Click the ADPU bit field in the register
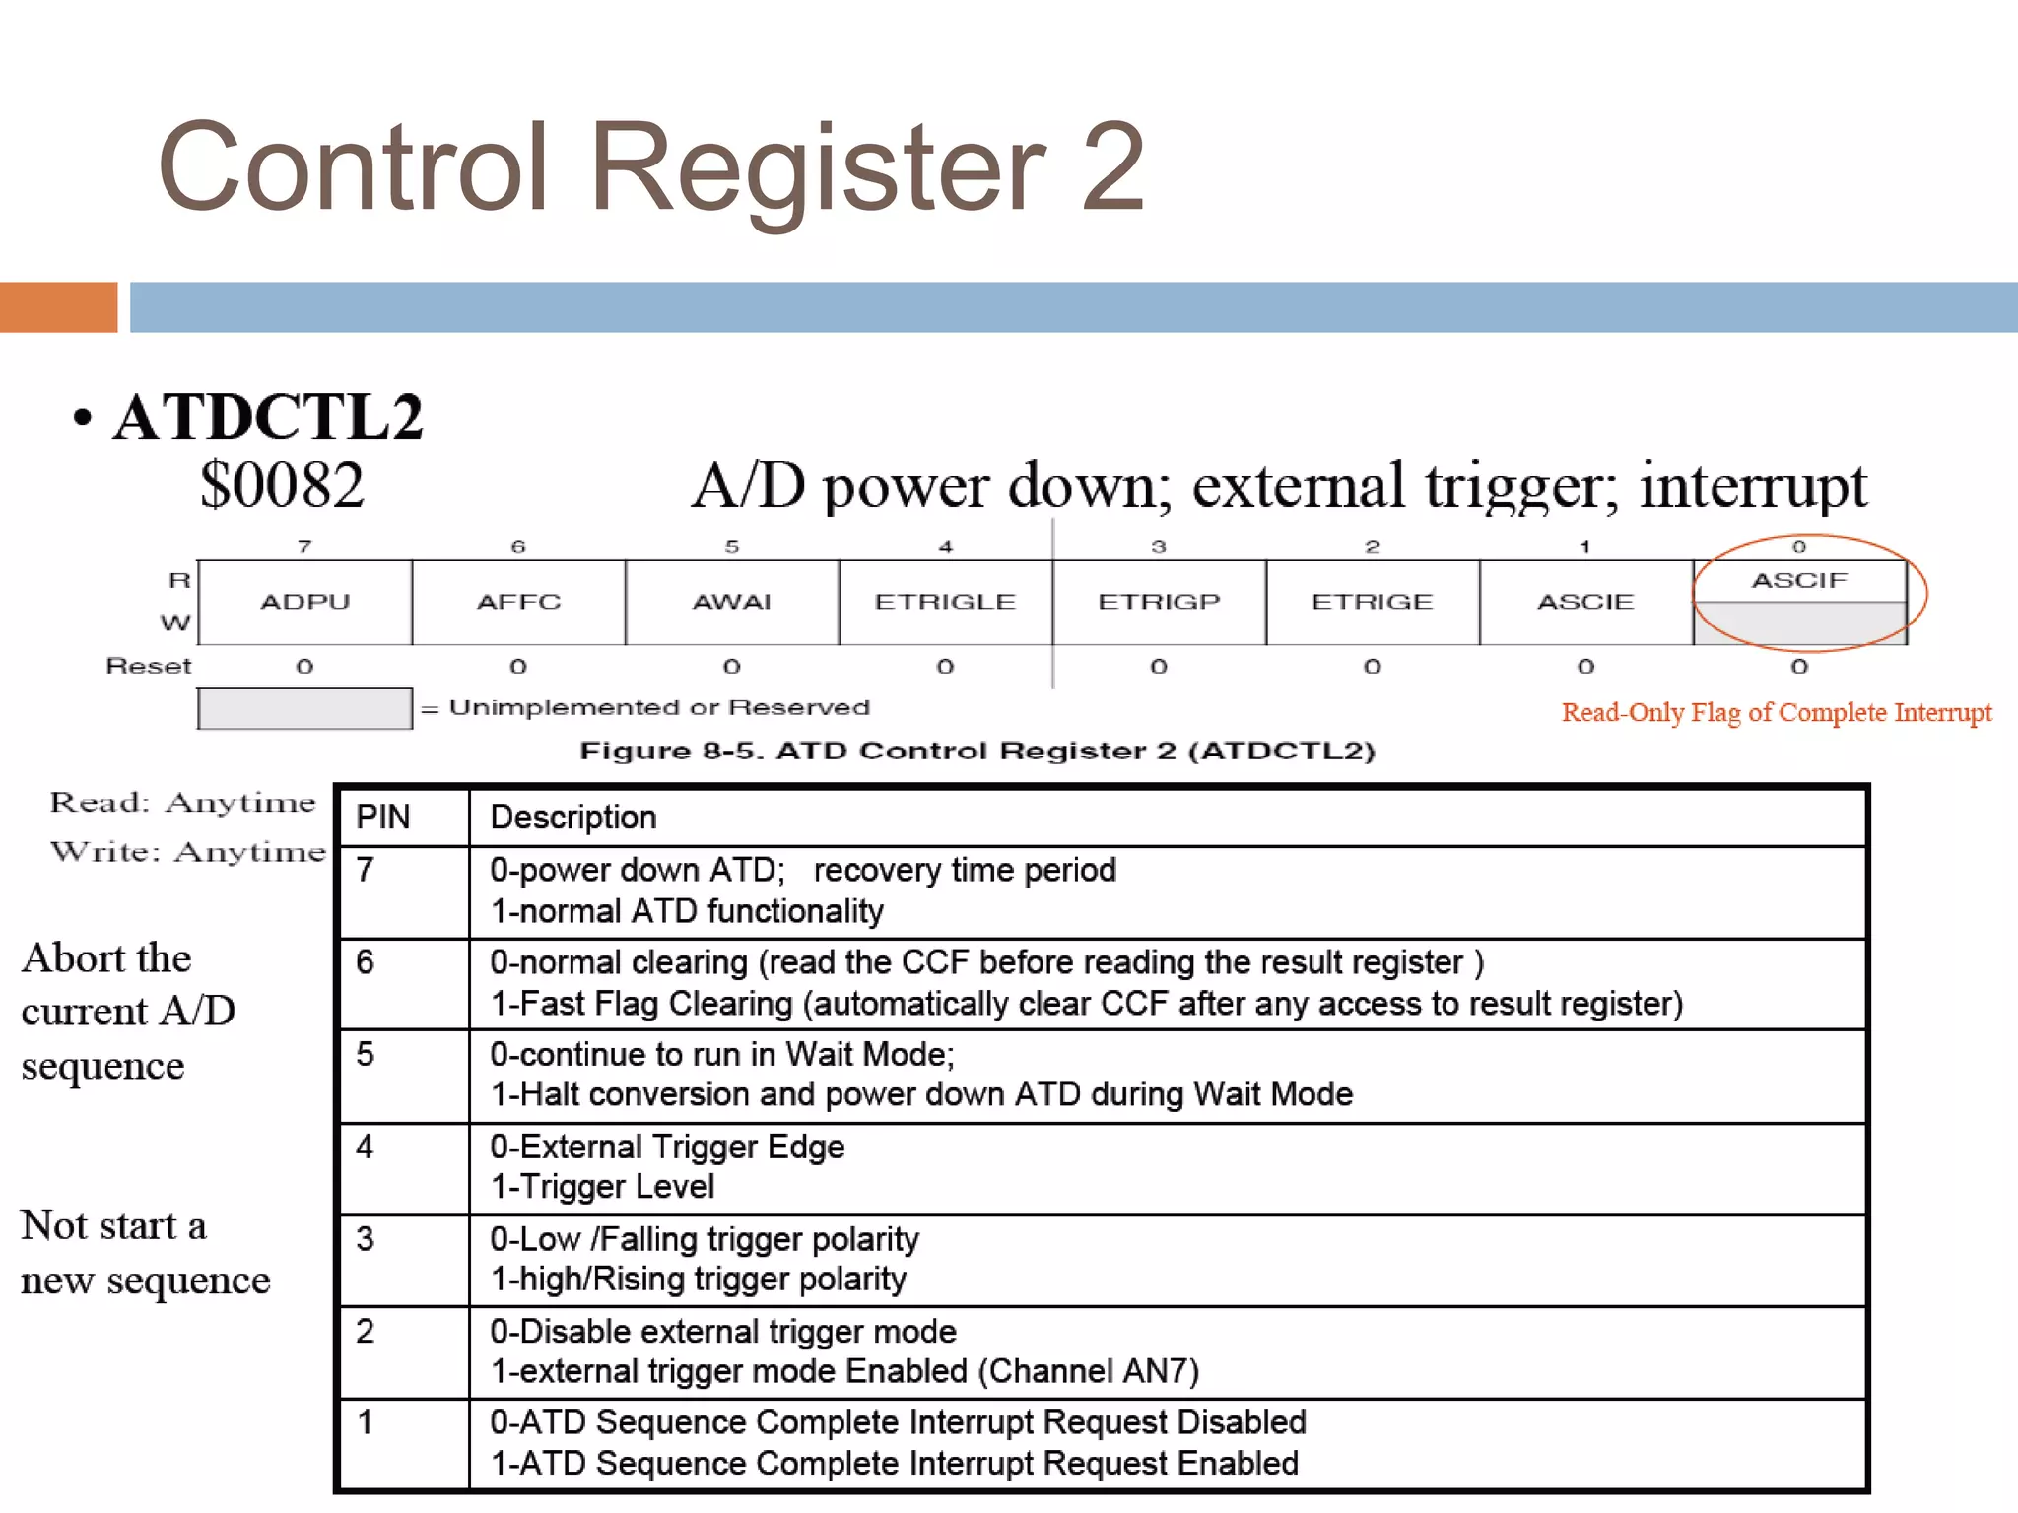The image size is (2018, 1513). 304,602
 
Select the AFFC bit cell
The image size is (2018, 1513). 518,602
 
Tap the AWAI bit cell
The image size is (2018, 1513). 731,602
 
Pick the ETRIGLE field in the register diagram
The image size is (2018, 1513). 945,602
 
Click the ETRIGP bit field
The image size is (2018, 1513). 1159,602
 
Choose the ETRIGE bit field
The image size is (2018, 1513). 1372,602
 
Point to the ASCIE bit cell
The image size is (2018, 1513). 1585,602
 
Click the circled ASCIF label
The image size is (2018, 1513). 1799,581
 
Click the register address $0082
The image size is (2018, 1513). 282,485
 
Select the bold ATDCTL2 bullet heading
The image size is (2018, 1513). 268,417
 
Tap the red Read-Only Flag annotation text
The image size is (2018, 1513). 1776,712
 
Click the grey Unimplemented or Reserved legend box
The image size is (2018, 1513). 304,708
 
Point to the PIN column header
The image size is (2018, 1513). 383,818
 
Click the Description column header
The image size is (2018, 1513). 572,818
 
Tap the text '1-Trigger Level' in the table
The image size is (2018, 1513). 602,1187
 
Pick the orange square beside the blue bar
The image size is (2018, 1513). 58,307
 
